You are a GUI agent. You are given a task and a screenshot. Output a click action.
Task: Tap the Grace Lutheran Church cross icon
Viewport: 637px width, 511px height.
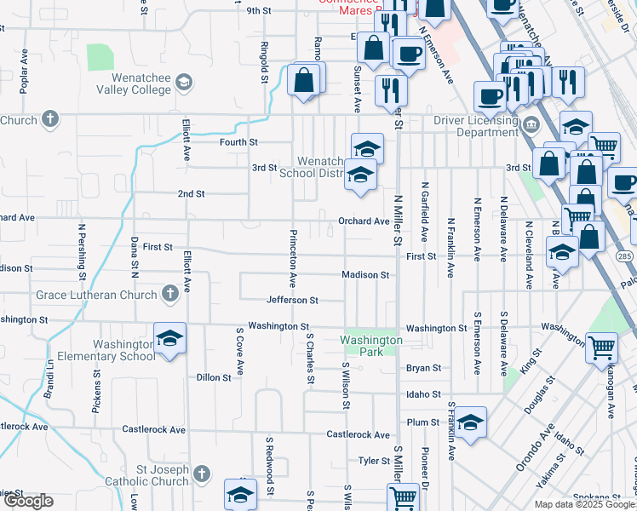[x=170, y=294]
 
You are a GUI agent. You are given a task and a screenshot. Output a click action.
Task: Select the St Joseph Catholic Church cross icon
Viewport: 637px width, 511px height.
[x=201, y=472]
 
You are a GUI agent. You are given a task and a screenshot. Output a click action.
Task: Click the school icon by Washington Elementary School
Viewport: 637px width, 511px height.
[x=169, y=341]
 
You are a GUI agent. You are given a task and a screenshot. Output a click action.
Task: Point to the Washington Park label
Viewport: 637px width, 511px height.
[x=370, y=345]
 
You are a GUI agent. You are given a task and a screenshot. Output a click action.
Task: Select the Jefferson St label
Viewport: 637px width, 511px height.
[x=292, y=300]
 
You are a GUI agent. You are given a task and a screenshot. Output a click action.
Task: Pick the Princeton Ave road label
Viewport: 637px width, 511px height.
[x=292, y=257]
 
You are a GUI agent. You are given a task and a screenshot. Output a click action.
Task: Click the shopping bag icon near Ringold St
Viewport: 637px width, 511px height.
[x=304, y=81]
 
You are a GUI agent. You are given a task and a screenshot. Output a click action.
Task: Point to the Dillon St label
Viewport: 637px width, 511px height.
[x=214, y=377]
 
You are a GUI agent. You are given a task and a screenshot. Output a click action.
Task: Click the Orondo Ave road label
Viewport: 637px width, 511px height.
[x=535, y=448]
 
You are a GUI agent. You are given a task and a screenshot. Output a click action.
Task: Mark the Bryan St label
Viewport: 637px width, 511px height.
[x=423, y=369]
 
